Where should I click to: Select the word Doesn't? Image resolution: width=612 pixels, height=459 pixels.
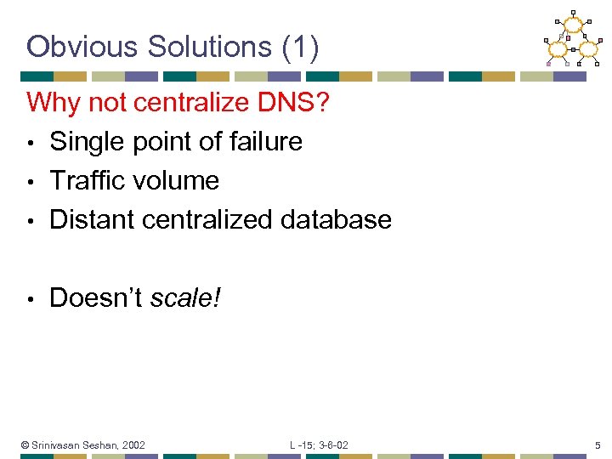[96, 298]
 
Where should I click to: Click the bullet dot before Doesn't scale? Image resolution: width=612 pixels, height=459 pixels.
[31, 299]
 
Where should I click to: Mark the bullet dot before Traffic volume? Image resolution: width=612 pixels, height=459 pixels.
[31, 182]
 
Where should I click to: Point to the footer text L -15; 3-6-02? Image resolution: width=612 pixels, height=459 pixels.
[319, 445]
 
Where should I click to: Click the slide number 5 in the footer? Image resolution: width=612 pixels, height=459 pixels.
[598, 445]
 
